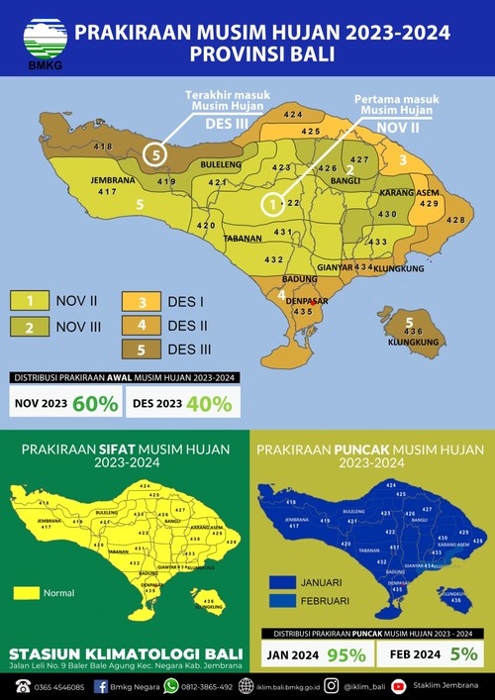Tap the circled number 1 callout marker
[x=271, y=204]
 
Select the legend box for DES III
[x=142, y=348]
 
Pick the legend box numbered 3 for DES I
[x=142, y=300]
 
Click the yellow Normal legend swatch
[x=26, y=593]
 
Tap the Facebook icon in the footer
[x=101, y=686]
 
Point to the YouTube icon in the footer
[x=398, y=686]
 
